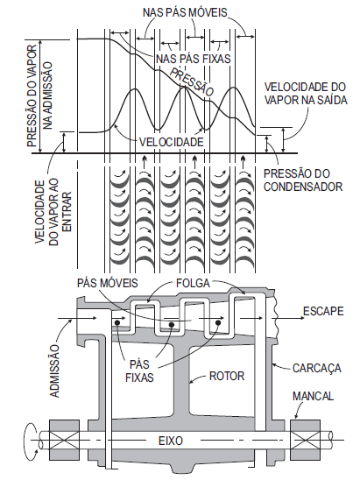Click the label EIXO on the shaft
point(171,440)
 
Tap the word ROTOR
point(227,376)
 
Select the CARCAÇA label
point(316,368)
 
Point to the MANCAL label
point(313,396)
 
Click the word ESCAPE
point(323,311)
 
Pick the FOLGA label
point(193,283)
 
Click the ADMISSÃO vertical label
point(54,371)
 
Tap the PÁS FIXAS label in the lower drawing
point(139,370)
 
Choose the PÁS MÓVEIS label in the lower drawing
point(108,283)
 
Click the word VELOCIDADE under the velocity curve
point(172,142)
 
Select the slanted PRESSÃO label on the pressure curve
point(192,81)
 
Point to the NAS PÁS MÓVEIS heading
point(185,12)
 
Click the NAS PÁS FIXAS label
point(194,59)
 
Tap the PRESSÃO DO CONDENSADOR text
point(303,180)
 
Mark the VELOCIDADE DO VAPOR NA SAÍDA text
point(306,93)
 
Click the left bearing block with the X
point(64,440)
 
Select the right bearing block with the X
point(305,440)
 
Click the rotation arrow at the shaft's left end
point(31,439)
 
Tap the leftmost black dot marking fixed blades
point(117,322)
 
